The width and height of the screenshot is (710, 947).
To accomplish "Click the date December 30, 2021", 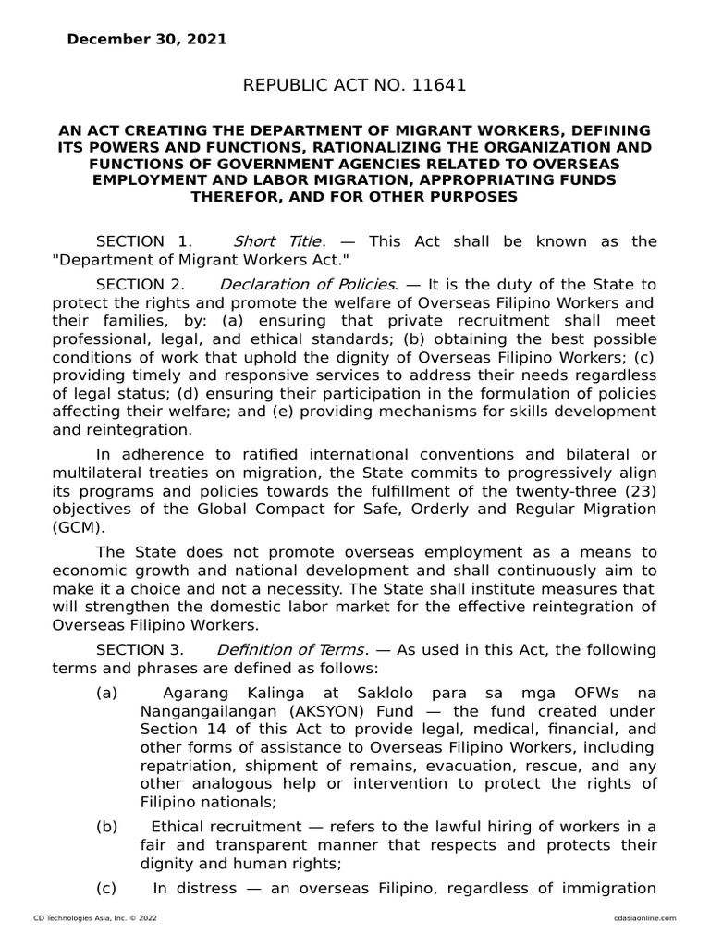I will (x=146, y=40).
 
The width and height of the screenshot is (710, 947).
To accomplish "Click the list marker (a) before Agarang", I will (x=106, y=693).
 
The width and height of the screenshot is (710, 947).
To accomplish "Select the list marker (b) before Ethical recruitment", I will (x=106, y=826).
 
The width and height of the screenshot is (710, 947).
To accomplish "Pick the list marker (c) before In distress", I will (x=106, y=888).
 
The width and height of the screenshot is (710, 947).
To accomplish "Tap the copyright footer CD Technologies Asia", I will (x=83, y=917).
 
